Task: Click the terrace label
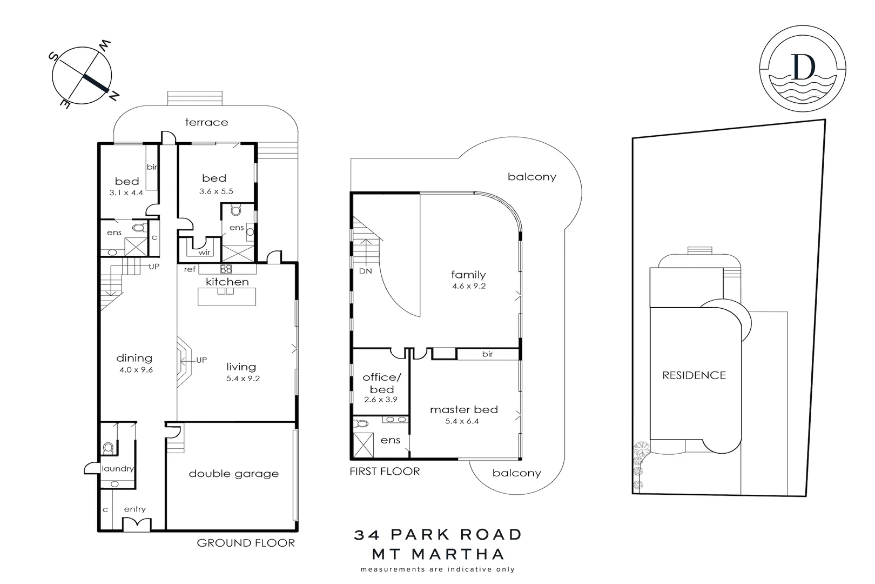point(206,122)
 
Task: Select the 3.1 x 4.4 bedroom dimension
point(126,193)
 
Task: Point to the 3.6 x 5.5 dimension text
point(216,191)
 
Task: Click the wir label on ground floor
point(204,253)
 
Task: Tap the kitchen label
point(227,282)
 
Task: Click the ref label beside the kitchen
point(190,269)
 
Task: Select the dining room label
point(134,358)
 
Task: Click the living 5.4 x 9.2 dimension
point(243,379)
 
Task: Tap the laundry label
point(117,469)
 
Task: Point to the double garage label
point(233,474)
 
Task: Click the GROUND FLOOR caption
point(246,543)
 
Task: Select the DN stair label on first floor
point(365,271)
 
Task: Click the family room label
point(468,275)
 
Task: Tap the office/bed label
point(382,383)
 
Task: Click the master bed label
point(463,409)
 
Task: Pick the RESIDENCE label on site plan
point(694,375)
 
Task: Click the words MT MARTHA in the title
point(438,554)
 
